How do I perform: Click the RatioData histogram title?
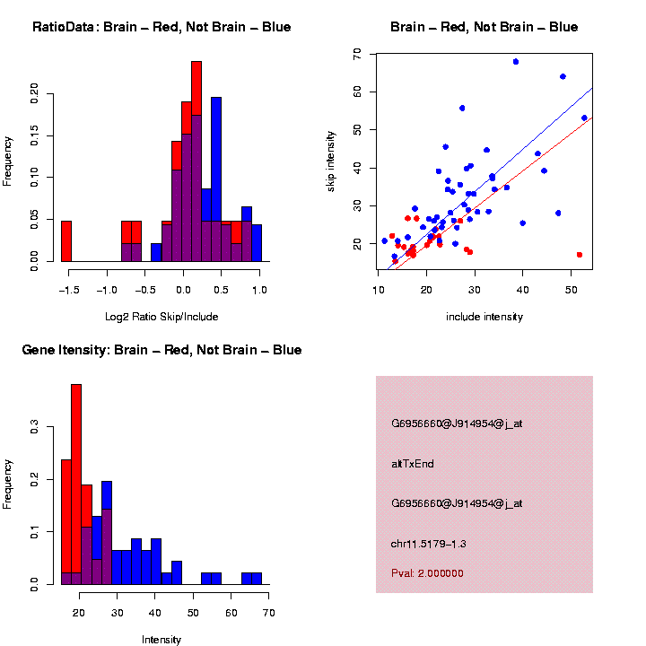point(161,27)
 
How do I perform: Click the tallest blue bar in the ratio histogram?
point(216,179)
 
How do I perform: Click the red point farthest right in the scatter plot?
point(580,255)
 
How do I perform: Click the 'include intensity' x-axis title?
point(484,317)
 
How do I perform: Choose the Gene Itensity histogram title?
point(161,350)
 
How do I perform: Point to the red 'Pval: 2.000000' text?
point(428,573)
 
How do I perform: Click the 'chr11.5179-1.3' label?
point(429,544)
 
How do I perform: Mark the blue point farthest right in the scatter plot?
point(584,118)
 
